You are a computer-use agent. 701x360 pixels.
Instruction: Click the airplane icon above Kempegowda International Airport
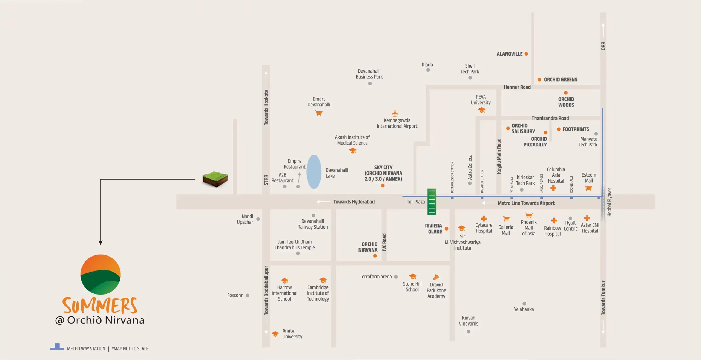click(395, 113)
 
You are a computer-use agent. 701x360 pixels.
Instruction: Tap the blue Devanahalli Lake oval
click(314, 172)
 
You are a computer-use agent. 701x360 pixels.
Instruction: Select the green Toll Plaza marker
click(432, 201)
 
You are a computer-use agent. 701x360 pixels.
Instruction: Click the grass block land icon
click(215, 179)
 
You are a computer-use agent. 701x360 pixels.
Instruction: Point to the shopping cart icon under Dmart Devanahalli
click(319, 113)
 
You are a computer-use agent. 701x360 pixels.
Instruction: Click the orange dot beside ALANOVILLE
click(526, 54)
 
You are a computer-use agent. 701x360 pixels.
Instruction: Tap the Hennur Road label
click(517, 87)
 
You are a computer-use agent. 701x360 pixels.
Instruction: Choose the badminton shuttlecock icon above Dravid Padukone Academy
click(436, 277)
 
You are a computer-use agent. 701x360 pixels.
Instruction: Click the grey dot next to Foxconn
click(248, 295)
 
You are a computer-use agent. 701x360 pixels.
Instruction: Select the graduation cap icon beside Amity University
click(275, 334)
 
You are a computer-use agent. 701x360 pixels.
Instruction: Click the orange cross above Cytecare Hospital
click(484, 218)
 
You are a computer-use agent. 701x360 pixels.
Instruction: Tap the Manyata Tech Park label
click(588, 142)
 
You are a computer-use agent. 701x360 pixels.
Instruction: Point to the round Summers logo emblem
click(100, 274)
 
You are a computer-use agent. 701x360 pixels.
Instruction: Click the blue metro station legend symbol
click(57, 347)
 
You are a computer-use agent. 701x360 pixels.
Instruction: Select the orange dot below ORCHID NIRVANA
click(375, 256)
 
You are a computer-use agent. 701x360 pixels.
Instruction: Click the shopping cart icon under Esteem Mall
click(588, 188)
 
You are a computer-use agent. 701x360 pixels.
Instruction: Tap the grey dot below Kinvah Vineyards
click(469, 332)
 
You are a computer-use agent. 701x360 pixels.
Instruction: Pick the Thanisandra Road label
click(550, 118)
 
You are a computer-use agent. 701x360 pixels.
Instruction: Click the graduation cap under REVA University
click(482, 110)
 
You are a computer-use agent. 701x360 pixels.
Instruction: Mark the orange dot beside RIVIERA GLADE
click(447, 229)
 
